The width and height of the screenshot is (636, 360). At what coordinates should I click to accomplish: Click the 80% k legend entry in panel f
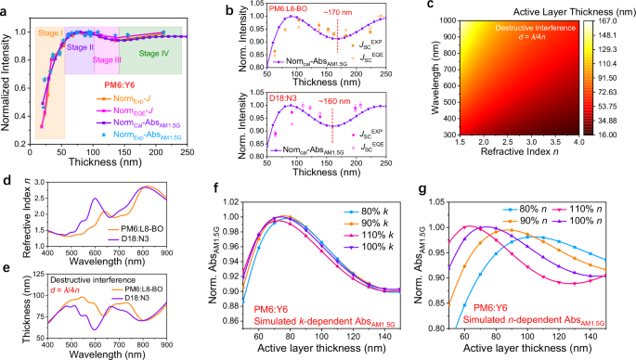point(396,199)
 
